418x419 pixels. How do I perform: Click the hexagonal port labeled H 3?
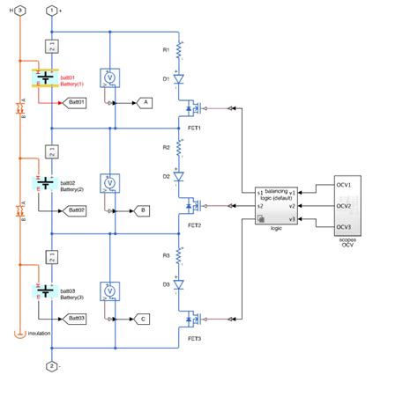(x=19, y=9)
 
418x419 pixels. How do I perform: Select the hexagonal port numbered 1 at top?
(x=51, y=9)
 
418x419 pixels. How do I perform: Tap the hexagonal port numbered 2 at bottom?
(x=51, y=365)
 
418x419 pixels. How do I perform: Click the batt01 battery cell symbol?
(x=44, y=78)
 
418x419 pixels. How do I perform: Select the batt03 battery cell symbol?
(x=44, y=291)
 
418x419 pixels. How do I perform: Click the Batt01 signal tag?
(x=76, y=103)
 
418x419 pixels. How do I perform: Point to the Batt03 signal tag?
(x=76, y=318)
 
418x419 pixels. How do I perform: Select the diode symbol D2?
(x=179, y=177)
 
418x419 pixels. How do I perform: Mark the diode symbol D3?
(x=179, y=284)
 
